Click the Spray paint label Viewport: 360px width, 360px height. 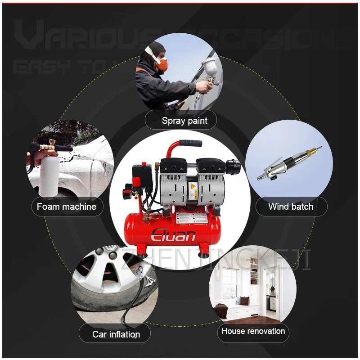coord(184,121)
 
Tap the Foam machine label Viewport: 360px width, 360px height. coord(67,207)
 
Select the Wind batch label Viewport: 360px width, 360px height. coord(291,207)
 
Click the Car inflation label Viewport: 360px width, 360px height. coord(116,334)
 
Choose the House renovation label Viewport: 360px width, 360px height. coord(253,331)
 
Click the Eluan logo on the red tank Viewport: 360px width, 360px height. coord(173,234)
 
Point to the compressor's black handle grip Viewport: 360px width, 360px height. coord(191,144)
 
